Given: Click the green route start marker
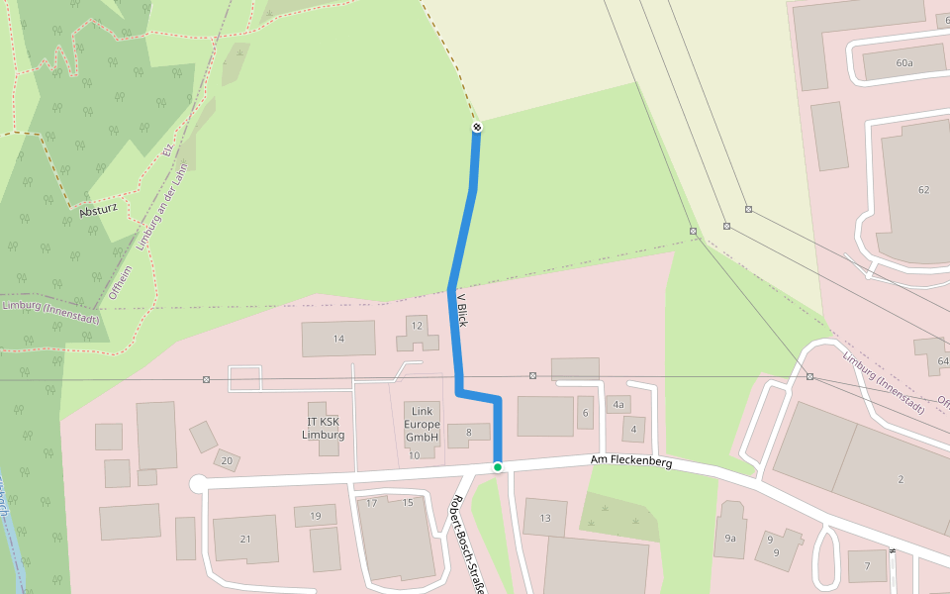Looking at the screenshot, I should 498,466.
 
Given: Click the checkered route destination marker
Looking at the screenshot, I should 477,127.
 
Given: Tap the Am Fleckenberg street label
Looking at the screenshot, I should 631,461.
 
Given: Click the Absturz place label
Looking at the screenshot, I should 98,211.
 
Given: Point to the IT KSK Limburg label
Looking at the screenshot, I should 325,429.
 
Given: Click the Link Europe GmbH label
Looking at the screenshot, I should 423,424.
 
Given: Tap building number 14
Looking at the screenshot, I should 338,339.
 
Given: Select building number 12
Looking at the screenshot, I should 417,326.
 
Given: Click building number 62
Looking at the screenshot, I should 924,189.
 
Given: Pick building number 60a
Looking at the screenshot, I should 903,62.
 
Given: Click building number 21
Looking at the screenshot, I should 246,538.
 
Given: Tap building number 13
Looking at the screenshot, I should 544,518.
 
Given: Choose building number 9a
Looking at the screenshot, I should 730,539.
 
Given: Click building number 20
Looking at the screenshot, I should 227,460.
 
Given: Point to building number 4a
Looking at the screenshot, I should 618,404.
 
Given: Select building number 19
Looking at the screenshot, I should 315,516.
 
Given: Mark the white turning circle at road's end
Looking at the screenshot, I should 198,483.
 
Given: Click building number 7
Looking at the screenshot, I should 867,565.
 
